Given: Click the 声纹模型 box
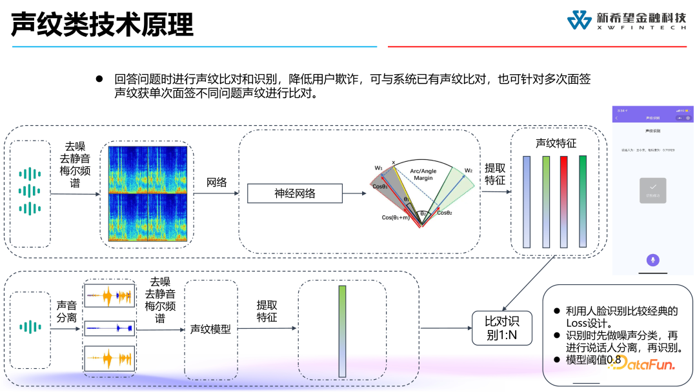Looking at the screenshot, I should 210,329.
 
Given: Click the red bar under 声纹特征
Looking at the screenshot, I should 563,201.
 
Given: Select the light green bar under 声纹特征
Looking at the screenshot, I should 545,201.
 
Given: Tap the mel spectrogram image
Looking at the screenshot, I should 148,194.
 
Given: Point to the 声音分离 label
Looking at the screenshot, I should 66,311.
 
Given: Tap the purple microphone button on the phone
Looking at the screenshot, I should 652,260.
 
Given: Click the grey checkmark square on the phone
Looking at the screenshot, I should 652,190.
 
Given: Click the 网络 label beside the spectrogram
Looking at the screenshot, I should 217,182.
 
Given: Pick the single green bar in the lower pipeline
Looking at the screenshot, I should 342,331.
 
